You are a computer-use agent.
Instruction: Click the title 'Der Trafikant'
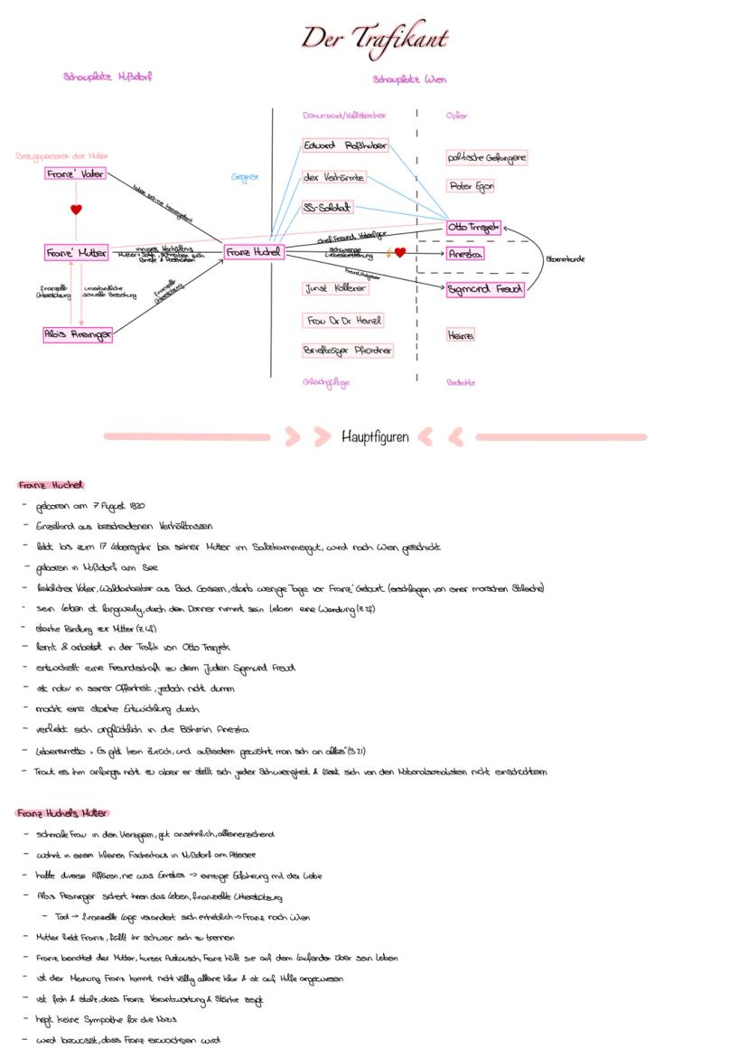pos(374,39)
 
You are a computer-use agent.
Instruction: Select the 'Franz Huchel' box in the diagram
pos(254,253)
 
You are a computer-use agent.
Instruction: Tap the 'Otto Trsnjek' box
pos(473,228)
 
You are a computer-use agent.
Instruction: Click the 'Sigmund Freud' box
pos(485,290)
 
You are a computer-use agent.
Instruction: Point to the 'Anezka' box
pos(466,255)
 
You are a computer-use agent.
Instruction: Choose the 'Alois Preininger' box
pos(78,335)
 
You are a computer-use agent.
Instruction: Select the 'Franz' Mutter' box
pos(77,253)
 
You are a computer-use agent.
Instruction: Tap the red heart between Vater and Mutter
pos(76,210)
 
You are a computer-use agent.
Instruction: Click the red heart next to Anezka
pos(400,253)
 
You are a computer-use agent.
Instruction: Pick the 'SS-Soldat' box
pos(328,208)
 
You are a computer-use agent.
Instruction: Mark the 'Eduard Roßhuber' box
pos(345,146)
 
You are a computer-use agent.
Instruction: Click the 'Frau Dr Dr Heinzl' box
pos(345,321)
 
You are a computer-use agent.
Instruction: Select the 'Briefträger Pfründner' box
pos(348,350)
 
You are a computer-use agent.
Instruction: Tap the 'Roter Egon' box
pos(472,187)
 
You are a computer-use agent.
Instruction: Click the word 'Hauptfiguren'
pos(375,437)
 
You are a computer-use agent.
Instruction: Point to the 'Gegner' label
pos(245,177)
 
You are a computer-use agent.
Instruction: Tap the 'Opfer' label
pos(457,116)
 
